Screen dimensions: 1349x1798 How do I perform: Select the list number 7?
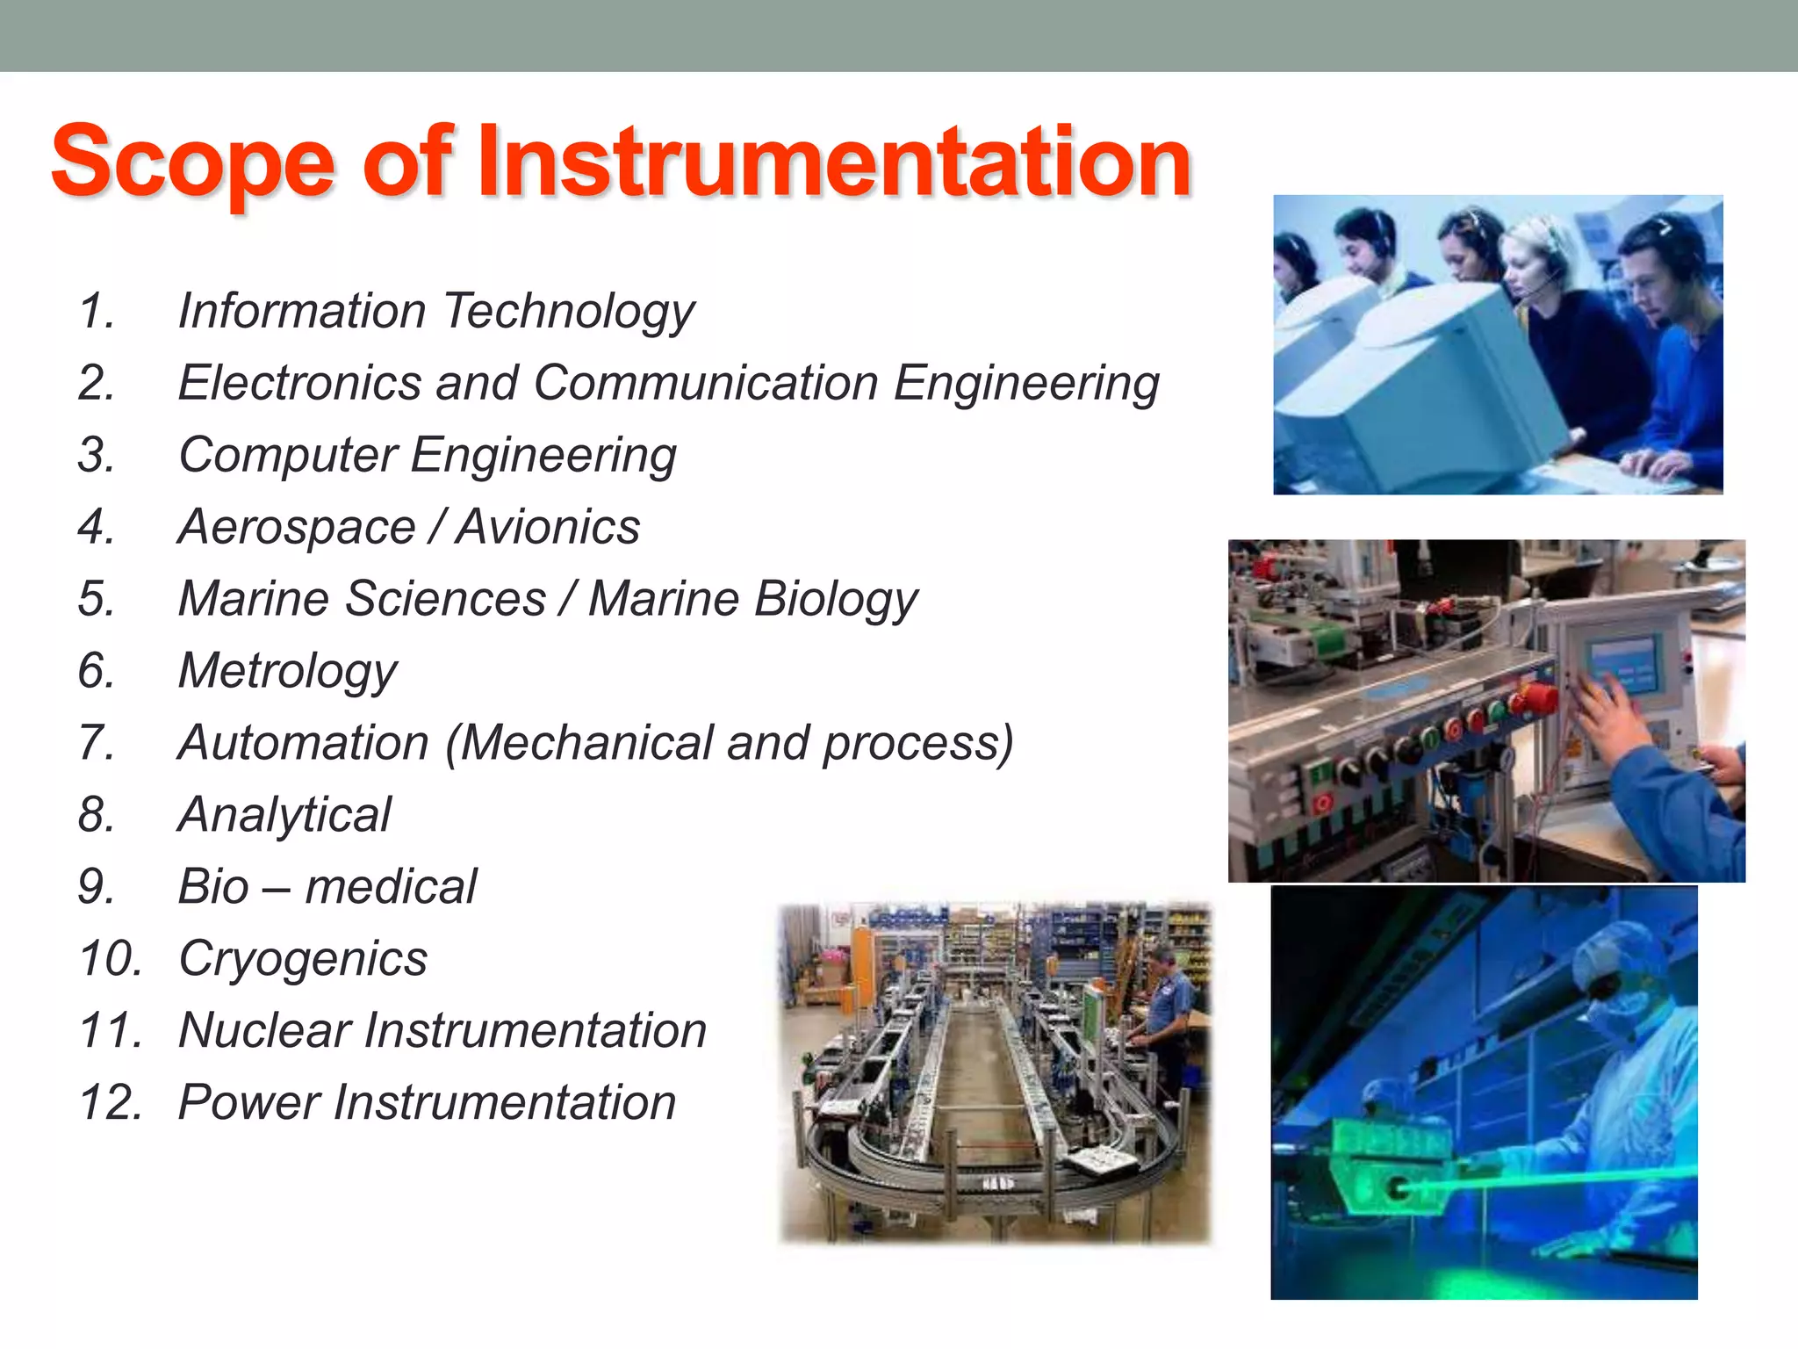coord(97,743)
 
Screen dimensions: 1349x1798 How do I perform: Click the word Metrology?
coord(288,672)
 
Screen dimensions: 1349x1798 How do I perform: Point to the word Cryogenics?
coord(303,959)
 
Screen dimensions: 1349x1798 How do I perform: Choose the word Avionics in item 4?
coord(549,528)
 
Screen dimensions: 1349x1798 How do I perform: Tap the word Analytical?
coord(284,815)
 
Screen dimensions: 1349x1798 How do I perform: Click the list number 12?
coord(110,1103)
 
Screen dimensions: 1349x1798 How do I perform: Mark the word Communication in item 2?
coord(706,384)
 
